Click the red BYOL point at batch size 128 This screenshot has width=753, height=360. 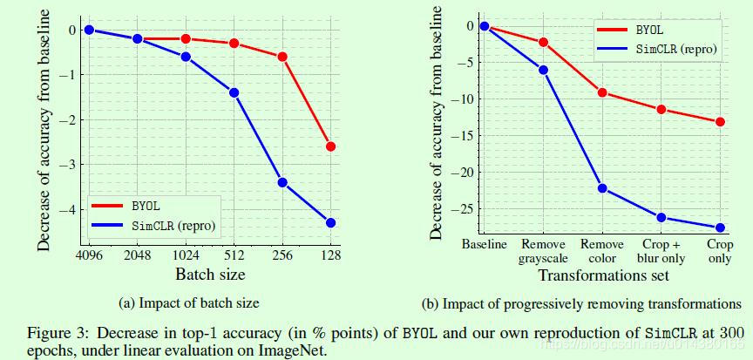pyautogui.click(x=330, y=146)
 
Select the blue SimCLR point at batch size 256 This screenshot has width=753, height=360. pyautogui.click(x=282, y=182)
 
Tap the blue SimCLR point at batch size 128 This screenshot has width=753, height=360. pyautogui.click(x=330, y=223)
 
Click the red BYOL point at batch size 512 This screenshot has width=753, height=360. pyautogui.click(x=234, y=43)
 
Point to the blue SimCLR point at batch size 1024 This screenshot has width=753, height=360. pyautogui.click(x=186, y=57)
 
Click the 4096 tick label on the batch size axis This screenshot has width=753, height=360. pyautogui.click(x=89, y=256)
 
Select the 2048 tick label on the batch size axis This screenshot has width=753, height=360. pyautogui.click(x=137, y=256)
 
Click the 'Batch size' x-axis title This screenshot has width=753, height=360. pyautogui.click(x=209, y=274)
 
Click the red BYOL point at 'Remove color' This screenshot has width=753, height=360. pyautogui.click(x=602, y=92)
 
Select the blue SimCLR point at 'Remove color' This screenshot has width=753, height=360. pyautogui.click(x=602, y=188)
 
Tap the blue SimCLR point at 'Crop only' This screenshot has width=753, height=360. pyautogui.click(x=720, y=228)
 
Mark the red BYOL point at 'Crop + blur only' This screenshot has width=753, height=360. pyautogui.click(x=661, y=109)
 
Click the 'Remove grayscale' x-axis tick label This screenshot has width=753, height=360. pyautogui.click(x=543, y=251)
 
